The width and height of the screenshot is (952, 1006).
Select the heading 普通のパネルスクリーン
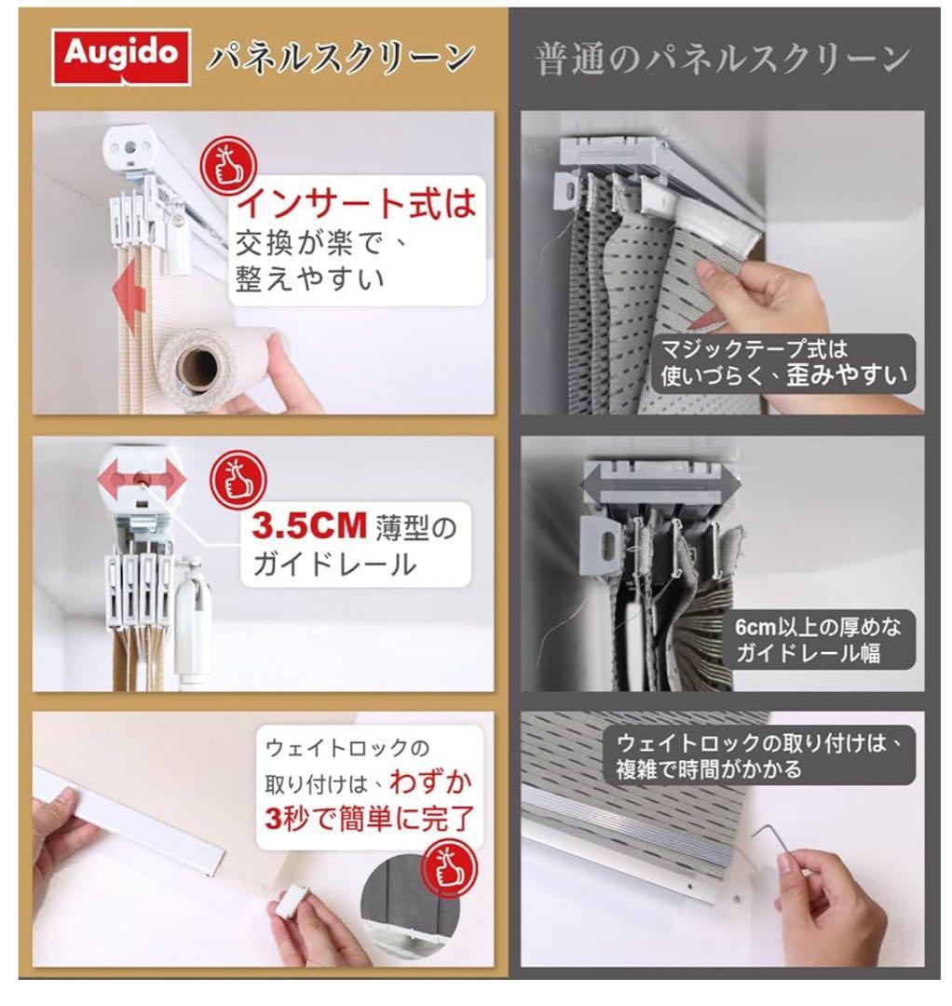point(722,59)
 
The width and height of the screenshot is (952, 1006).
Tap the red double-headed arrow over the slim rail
point(142,481)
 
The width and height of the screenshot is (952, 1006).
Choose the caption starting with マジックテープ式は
point(783,362)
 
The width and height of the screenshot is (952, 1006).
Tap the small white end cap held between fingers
point(291,900)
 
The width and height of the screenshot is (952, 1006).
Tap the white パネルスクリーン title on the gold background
point(339,59)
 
